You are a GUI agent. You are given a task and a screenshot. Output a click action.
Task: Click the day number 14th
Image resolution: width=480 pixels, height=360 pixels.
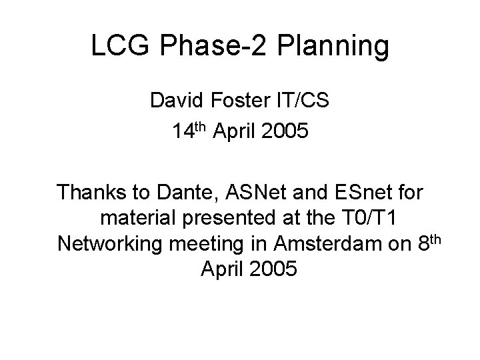189,131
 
